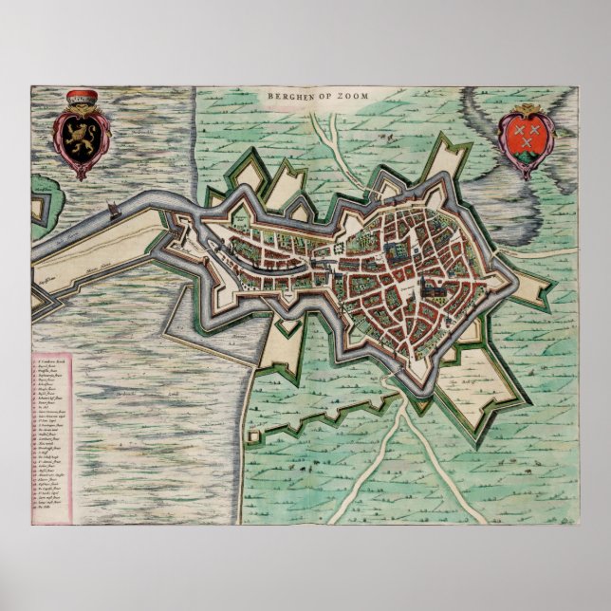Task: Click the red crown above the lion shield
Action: (x=82, y=96)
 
